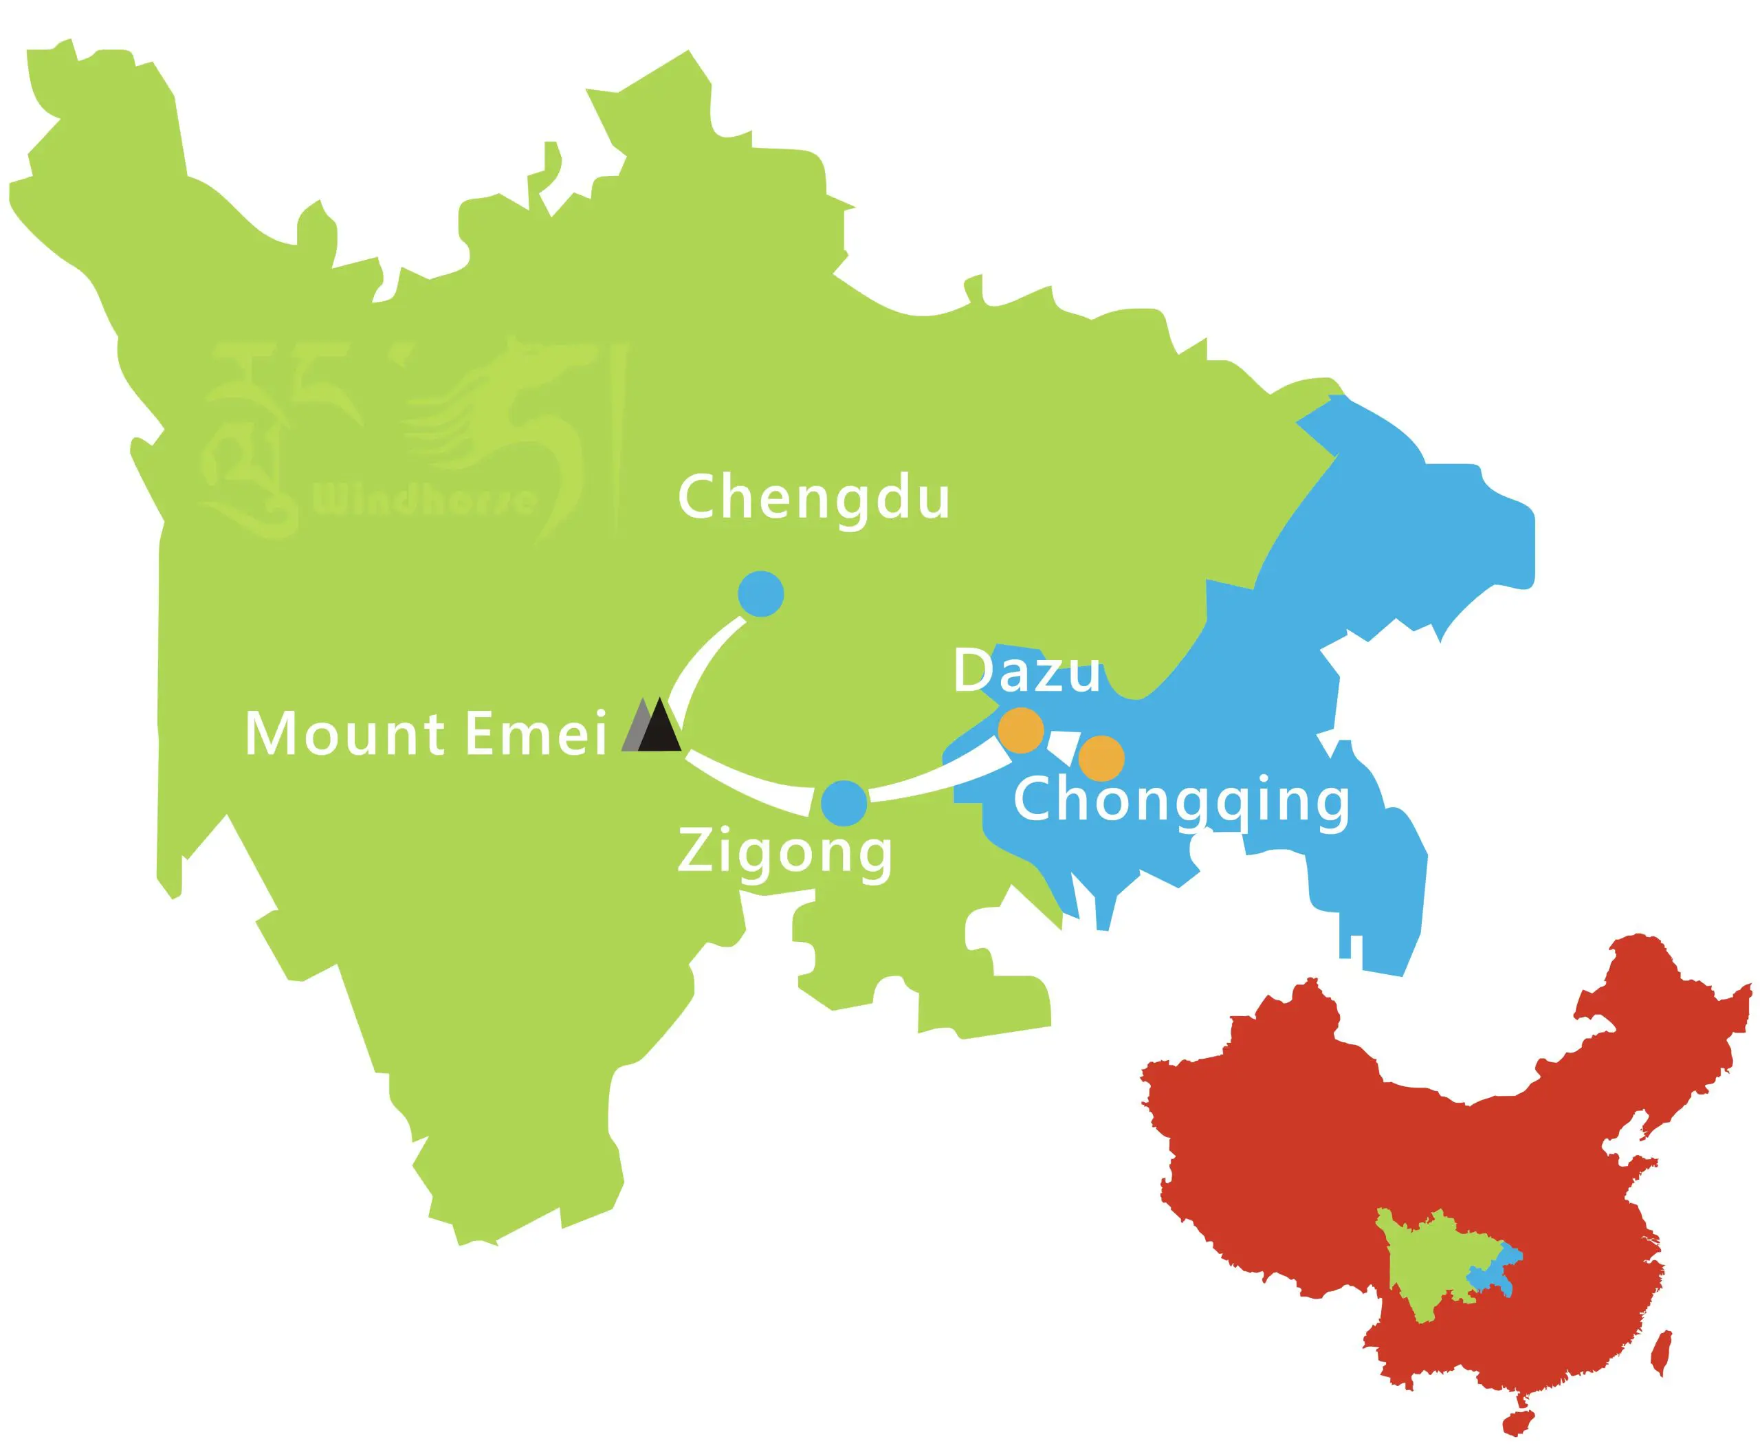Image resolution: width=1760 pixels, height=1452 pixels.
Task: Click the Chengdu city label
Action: (813, 498)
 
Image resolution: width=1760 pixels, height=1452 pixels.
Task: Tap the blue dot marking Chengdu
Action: (760, 594)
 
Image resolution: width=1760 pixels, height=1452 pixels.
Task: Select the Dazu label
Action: (1026, 671)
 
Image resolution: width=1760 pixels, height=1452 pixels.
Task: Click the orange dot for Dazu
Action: (1020, 730)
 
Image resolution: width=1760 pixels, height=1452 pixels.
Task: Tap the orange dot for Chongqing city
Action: (1101, 758)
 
